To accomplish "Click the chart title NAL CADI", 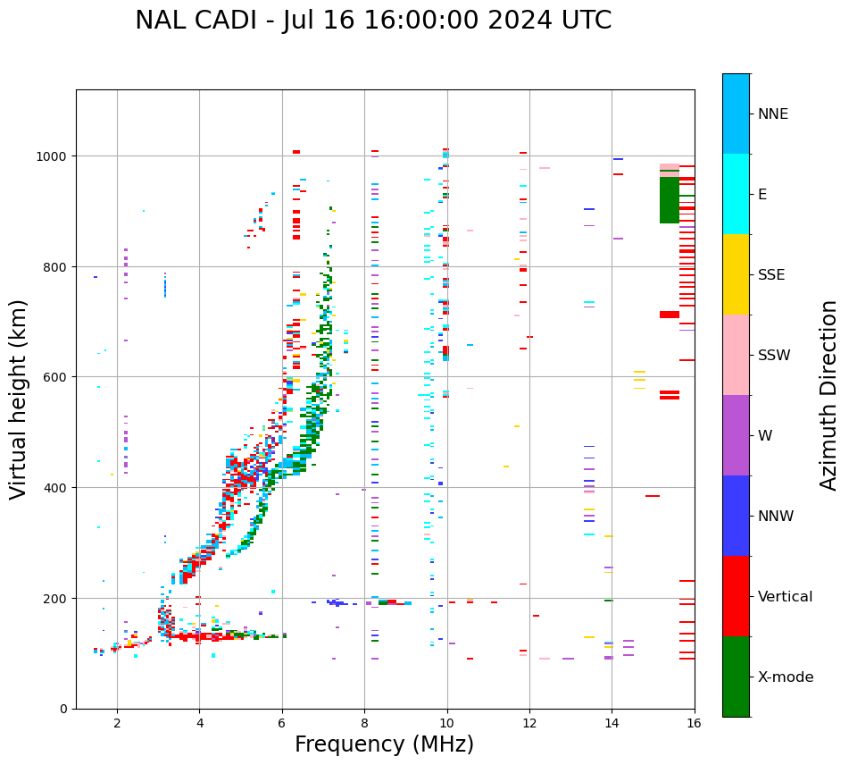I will coord(373,21).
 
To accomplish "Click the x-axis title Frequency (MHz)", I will coord(384,744).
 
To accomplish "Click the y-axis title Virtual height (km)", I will coord(19,399).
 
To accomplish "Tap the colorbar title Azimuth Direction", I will coord(829,395).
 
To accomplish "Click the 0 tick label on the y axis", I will coord(63,709).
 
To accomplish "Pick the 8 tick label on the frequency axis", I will coord(364,724).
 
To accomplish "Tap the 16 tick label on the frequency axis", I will coord(694,724).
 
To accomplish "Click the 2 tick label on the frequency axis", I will coord(117,724).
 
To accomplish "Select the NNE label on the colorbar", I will coord(773,114).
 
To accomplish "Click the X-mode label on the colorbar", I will coord(786,677).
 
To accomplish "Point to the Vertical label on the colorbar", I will coord(786,597).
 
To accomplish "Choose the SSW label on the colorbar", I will coord(774,356).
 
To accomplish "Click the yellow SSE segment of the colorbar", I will coord(736,274).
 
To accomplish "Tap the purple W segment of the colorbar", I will coord(736,435).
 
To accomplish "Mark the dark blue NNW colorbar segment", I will coord(736,516).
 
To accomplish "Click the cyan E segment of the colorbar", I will coord(736,194).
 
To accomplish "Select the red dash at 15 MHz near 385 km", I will coord(653,496).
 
